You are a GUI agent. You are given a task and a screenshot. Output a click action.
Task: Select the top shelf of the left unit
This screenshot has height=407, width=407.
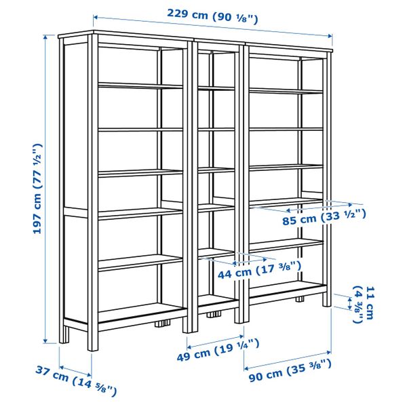140,85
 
